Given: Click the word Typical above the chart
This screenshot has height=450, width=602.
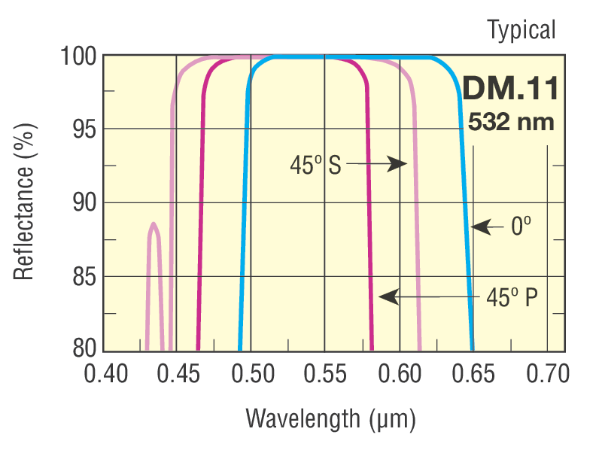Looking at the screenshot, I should click(x=521, y=30).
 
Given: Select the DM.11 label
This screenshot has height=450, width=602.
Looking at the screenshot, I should click(x=510, y=90).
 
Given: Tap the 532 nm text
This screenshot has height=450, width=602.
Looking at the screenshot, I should click(x=511, y=121).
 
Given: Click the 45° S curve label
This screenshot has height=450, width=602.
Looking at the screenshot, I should click(x=315, y=165).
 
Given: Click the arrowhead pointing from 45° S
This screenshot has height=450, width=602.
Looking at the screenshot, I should click(x=398, y=164).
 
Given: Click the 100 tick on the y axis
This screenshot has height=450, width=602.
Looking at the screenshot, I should click(x=78, y=56).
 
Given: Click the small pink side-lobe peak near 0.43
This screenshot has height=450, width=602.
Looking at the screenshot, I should click(x=154, y=224).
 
